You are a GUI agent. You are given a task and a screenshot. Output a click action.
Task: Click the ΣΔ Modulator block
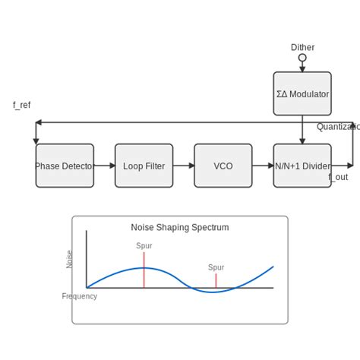pyautogui.click(x=302, y=94)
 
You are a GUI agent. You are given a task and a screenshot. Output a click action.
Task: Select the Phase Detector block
pyautogui.click(x=65, y=166)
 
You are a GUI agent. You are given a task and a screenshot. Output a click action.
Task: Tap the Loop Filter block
pyautogui.click(x=144, y=166)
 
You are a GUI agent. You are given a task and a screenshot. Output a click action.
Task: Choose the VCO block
pyautogui.click(x=223, y=166)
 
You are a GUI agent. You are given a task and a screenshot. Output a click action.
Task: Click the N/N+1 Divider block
pyautogui.click(x=302, y=166)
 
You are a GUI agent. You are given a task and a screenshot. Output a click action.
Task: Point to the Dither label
pyautogui.click(x=302, y=47)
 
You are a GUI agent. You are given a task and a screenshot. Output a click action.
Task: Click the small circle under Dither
pyautogui.click(x=302, y=58)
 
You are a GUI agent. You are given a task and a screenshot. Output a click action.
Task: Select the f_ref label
pyautogui.click(x=21, y=105)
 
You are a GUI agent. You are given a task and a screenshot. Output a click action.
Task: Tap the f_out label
pyautogui.click(x=338, y=177)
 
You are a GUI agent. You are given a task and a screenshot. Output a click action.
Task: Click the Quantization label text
pyautogui.click(x=338, y=127)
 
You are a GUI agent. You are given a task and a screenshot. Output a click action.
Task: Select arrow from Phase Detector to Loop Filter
pyautogui.click(x=105, y=166)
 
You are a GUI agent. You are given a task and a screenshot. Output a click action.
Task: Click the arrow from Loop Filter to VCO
pyautogui.click(x=184, y=166)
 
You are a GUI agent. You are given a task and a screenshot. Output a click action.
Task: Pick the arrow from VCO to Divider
pyautogui.click(x=263, y=166)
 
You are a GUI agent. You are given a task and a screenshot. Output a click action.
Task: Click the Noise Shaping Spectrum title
pyautogui.click(x=180, y=227)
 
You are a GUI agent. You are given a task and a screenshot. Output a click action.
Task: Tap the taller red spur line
pyautogui.click(x=144, y=271)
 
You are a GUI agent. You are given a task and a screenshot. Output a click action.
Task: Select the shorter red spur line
pyautogui.click(x=216, y=280)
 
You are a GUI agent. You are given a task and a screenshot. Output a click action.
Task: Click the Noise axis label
pyautogui.click(x=70, y=259)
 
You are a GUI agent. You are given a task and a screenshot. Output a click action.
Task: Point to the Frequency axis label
pyautogui.click(x=80, y=296)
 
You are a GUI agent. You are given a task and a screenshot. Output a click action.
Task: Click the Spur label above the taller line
pyautogui.click(x=144, y=246)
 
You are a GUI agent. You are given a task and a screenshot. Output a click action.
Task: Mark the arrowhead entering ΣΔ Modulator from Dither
pyautogui.click(x=302, y=68)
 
